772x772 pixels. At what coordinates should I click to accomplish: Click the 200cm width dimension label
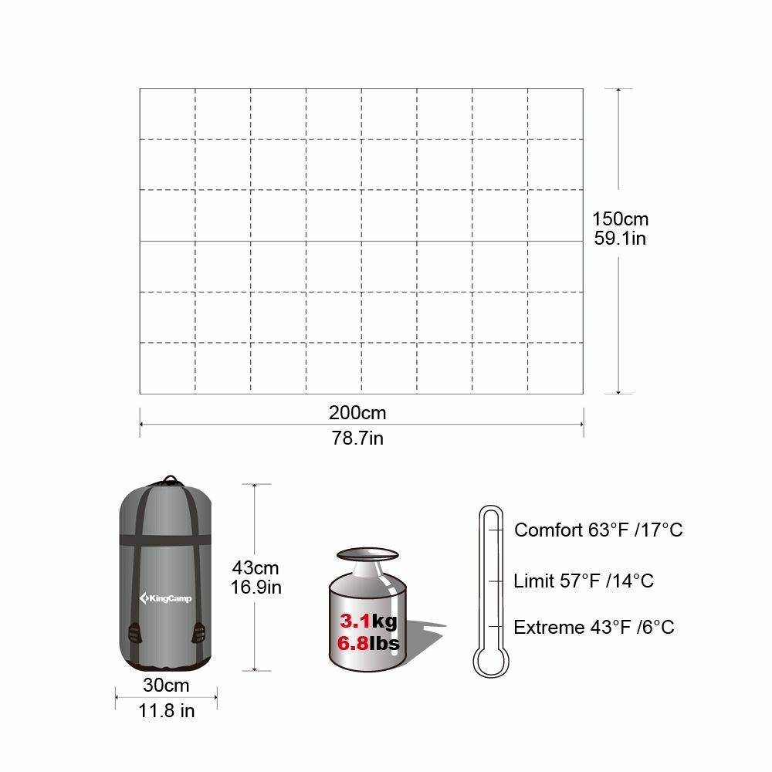(x=357, y=412)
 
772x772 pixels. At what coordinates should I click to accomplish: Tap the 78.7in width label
(x=357, y=438)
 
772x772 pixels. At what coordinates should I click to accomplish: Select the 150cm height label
(x=620, y=218)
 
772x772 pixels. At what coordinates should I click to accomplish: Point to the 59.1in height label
(x=620, y=239)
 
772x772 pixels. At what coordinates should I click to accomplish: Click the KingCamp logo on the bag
(x=165, y=598)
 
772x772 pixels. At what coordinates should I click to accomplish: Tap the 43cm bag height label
(x=256, y=567)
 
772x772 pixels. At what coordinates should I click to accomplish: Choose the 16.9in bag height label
(x=256, y=587)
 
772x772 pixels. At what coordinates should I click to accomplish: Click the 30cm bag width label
(x=166, y=685)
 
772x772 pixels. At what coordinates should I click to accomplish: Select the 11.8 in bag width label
(x=167, y=710)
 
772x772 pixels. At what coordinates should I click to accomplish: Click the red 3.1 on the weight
(x=354, y=621)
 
